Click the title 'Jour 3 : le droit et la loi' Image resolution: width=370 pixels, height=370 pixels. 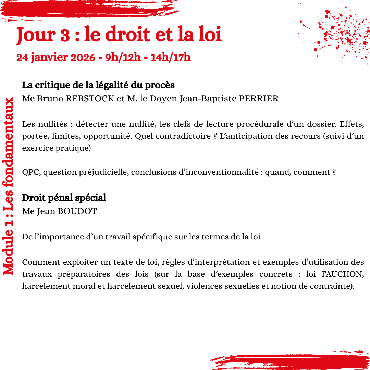(x=119, y=35)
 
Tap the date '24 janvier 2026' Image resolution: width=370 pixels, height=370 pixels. (x=56, y=57)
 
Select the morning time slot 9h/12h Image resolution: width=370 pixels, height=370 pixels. (x=123, y=57)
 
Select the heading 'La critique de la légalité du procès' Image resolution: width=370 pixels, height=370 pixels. (x=98, y=85)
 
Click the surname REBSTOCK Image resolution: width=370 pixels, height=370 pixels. (x=90, y=99)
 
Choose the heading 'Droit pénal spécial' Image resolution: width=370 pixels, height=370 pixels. (x=64, y=198)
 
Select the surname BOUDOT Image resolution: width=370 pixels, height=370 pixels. (x=77, y=211)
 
